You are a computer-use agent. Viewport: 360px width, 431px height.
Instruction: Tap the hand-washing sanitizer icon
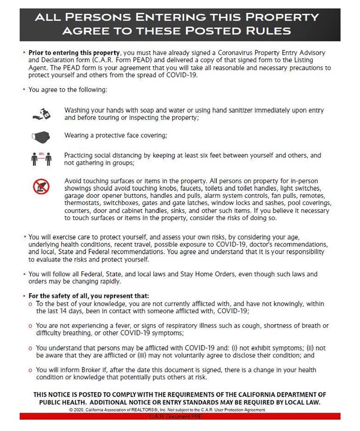(x=41, y=114)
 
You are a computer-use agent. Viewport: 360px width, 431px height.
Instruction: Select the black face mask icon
(x=41, y=137)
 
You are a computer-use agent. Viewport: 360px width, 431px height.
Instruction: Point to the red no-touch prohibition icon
(x=41, y=187)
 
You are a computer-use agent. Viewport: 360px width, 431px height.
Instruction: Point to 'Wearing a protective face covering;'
(x=116, y=135)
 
